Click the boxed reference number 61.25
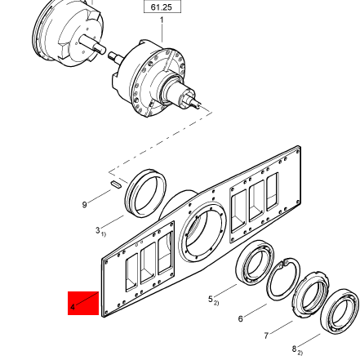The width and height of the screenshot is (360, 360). pos(162,7)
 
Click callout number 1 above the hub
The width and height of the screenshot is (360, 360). pos(162,20)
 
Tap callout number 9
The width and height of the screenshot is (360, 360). pos(84,206)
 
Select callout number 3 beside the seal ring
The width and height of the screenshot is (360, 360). pos(99,231)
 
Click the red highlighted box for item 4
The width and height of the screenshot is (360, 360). pos(83,304)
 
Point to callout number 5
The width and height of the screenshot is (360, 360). pos(211,300)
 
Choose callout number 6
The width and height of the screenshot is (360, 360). pos(241,318)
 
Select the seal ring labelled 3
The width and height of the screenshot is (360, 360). pos(148,197)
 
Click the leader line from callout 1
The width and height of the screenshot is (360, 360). pos(162,33)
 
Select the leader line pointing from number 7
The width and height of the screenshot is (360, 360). pos(281,327)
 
